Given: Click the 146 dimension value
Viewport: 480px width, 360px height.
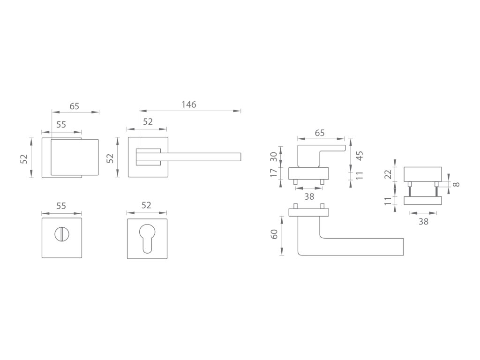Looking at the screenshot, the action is point(188,105).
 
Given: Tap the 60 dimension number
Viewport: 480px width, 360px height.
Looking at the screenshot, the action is point(275,233).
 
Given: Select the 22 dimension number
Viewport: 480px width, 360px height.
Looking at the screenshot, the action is point(388,174).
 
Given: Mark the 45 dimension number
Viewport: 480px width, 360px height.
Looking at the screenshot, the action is point(360,156).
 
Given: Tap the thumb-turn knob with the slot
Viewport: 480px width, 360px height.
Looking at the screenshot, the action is point(61,232).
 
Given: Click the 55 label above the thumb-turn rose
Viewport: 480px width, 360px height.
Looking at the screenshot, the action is point(61,206).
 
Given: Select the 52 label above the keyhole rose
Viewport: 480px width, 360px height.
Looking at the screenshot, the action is point(147,206).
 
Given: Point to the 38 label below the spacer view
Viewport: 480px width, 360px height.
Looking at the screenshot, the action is point(423,222).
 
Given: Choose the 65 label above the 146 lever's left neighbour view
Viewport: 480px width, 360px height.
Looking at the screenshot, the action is point(75,106).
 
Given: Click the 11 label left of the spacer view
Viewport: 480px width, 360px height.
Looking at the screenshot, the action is point(388,202).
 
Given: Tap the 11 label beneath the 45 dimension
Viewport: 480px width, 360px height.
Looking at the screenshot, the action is point(360,176).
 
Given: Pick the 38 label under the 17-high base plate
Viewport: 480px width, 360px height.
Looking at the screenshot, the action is point(309,196).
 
